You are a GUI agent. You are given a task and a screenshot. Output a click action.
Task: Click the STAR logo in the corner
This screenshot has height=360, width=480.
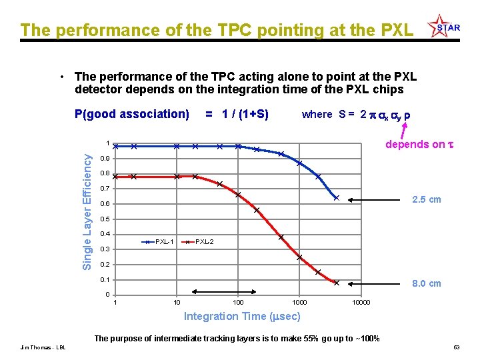coord(445,26)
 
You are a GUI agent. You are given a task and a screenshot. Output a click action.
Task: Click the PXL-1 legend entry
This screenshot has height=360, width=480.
coord(160,241)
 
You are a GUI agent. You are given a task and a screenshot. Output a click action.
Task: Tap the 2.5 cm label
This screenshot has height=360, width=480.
coord(426,199)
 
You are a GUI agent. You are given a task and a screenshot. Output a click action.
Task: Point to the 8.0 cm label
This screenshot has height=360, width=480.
coord(426,283)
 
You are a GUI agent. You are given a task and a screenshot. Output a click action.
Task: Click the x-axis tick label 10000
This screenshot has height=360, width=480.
coord(361,303)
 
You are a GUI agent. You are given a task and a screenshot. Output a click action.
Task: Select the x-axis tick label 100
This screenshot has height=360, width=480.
coord(237,303)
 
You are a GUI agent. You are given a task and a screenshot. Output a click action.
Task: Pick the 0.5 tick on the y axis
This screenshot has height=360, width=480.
coord(105,219)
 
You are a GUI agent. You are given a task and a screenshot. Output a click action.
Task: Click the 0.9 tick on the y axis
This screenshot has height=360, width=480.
coord(105,159)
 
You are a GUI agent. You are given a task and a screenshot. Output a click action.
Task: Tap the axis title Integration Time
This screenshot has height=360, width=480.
coord(242,316)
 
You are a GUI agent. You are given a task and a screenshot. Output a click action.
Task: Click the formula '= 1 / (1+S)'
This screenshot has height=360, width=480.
coord(237,114)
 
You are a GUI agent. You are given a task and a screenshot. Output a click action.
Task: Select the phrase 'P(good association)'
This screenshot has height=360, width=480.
coord(132,114)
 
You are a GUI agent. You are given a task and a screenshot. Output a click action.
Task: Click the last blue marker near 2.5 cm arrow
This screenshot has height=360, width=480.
coord(337,198)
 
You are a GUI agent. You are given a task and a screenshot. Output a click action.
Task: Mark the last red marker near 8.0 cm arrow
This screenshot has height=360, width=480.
coord(337,283)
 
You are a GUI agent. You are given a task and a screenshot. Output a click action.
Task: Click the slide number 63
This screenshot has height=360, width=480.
coord(457,347)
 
